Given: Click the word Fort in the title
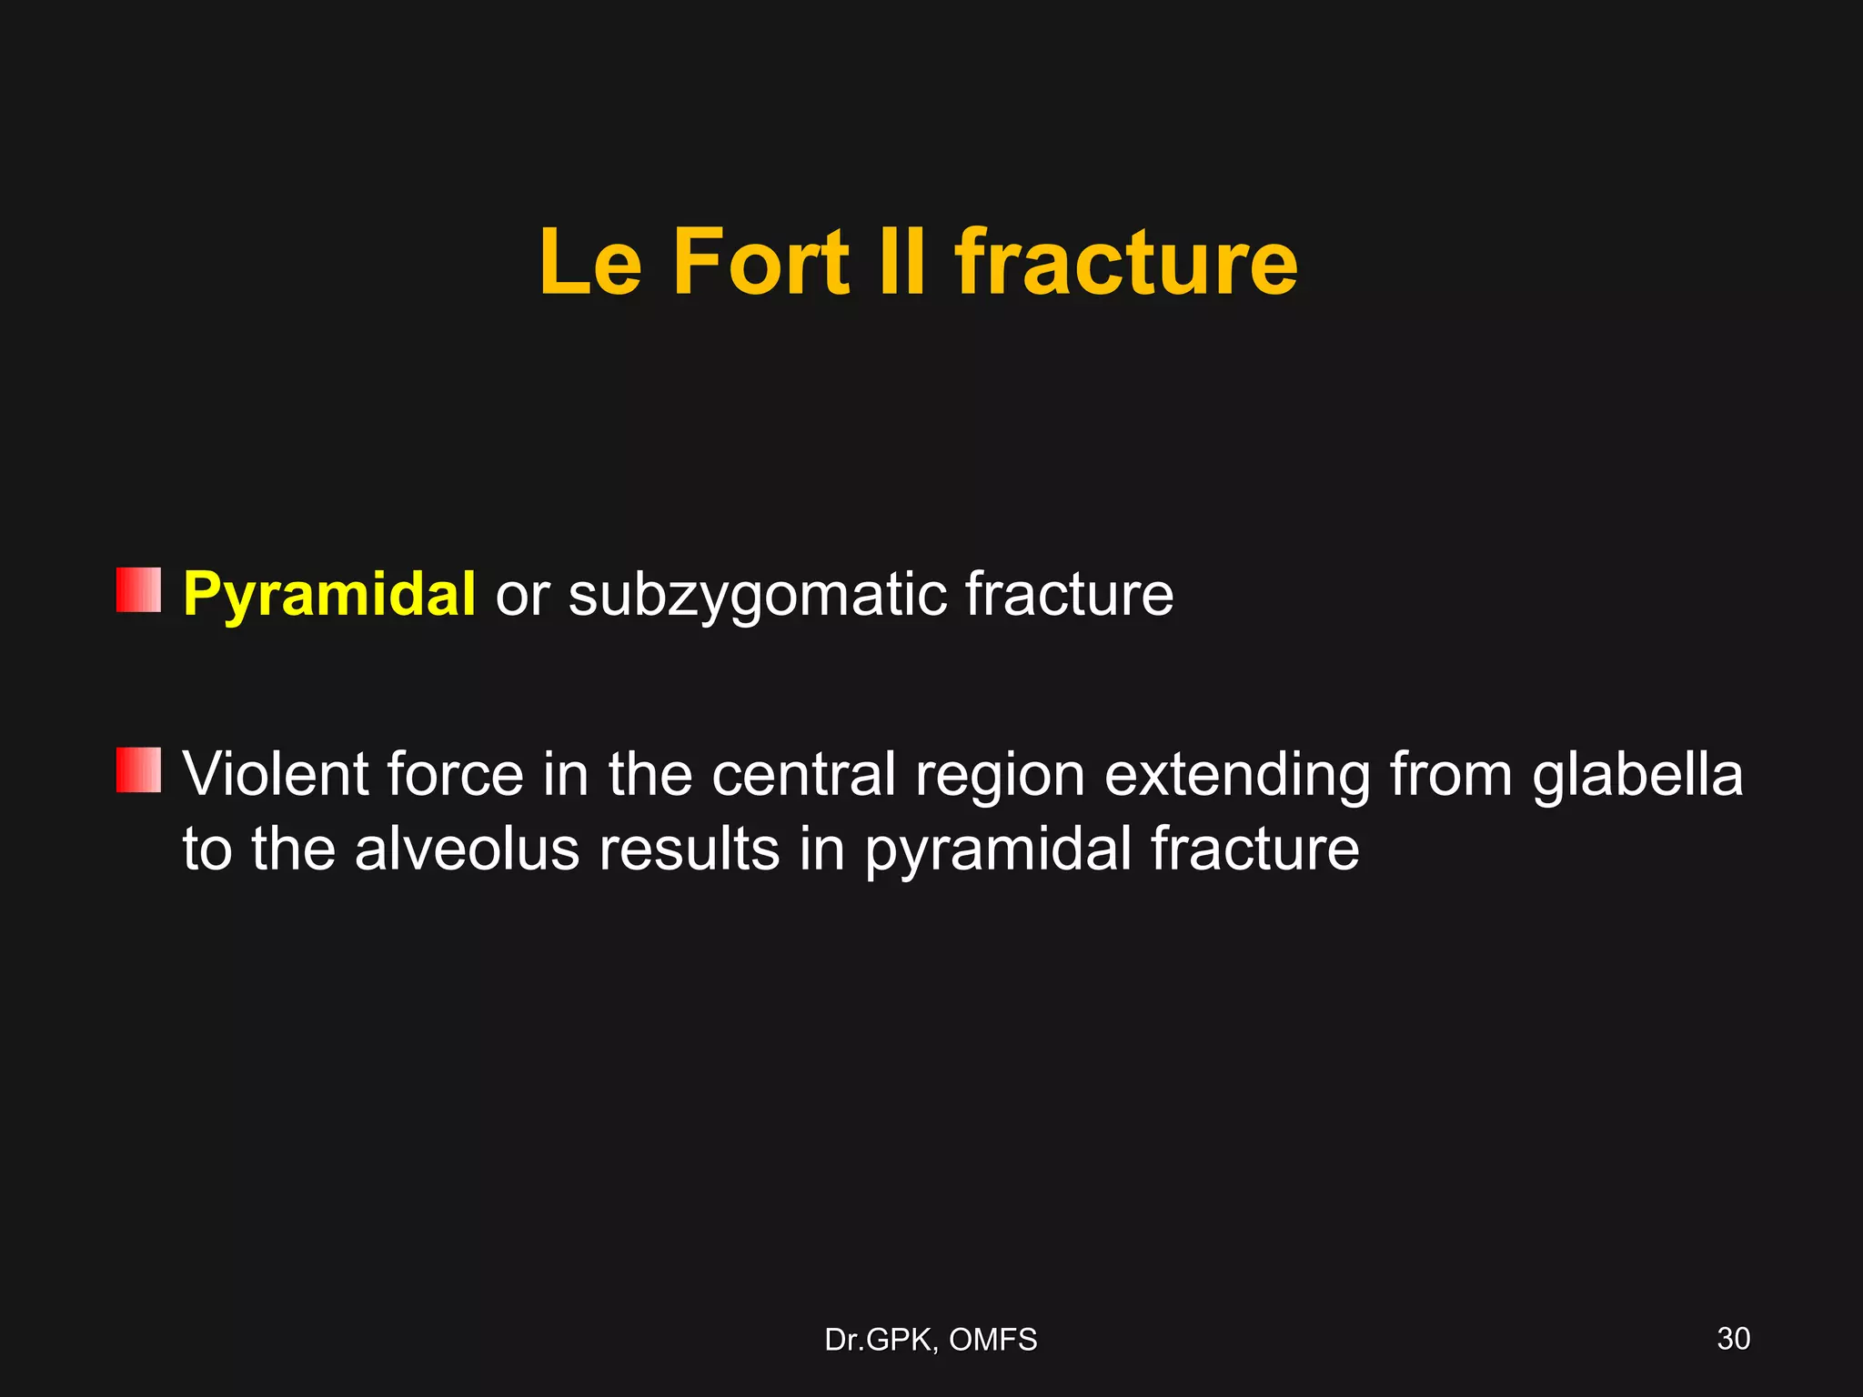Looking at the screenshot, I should [760, 263].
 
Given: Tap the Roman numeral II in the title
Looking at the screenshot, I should [902, 263].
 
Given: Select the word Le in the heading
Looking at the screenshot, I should [590, 263].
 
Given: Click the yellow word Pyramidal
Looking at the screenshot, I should [328, 595].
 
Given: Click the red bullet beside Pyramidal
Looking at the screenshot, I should [138, 590].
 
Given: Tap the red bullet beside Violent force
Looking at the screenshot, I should [138, 770].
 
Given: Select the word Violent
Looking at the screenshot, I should [276, 775].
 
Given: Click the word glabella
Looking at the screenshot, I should [1637, 775].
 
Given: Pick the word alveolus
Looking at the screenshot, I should [467, 849].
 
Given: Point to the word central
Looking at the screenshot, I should [804, 775].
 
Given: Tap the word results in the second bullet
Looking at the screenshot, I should [689, 849].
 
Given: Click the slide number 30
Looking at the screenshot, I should [1733, 1339].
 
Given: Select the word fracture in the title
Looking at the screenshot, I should [1126, 263].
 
